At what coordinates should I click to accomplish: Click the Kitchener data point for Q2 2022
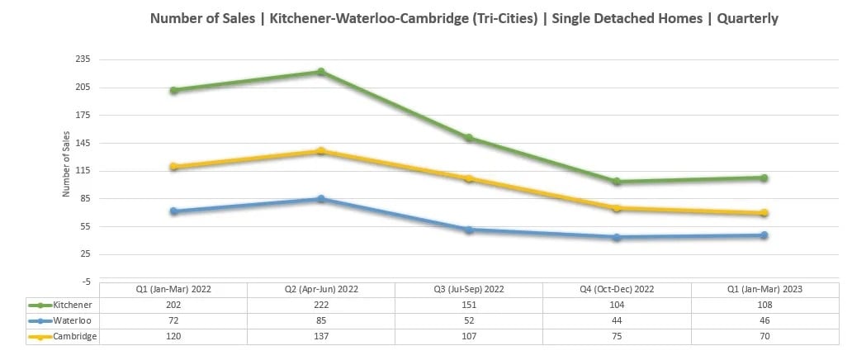[321, 72]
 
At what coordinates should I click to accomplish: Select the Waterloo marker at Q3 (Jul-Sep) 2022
[469, 230]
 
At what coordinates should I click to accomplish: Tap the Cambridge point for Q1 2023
[764, 213]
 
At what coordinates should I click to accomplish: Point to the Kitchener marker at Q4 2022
[617, 182]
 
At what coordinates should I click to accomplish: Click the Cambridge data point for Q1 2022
[173, 167]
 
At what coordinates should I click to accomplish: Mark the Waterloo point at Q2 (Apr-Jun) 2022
[321, 199]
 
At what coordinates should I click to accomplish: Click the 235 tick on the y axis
[83, 59]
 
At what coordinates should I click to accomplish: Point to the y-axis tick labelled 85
[85, 198]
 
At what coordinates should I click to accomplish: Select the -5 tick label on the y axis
[87, 282]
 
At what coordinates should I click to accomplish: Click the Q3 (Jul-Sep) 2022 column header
[469, 289]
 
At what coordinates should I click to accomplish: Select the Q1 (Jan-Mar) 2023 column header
[764, 289]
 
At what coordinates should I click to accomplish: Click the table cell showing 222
[321, 305]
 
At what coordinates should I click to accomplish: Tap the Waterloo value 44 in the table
[617, 320]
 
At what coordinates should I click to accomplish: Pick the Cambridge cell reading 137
[321, 336]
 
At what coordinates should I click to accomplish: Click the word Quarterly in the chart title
[747, 18]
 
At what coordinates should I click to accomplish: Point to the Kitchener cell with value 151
[469, 305]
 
